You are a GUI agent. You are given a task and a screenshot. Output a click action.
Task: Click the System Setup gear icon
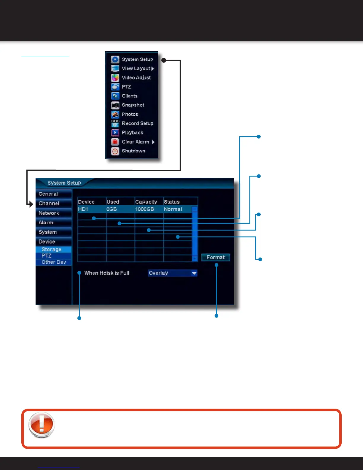click(x=115, y=59)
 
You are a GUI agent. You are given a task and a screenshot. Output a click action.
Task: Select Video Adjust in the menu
click(x=136, y=78)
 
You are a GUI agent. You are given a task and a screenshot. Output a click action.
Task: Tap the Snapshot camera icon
click(x=115, y=105)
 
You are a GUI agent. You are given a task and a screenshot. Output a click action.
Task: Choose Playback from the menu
click(x=132, y=133)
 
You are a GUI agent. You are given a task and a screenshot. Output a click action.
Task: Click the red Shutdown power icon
click(x=115, y=151)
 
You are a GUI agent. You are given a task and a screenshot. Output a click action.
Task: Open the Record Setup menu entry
click(x=137, y=123)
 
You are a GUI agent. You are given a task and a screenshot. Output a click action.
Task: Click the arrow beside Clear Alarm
click(x=153, y=142)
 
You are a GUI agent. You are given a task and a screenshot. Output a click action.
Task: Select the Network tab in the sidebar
click(x=49, y=213)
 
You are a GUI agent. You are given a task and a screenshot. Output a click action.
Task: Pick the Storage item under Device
click(x=51, y=249)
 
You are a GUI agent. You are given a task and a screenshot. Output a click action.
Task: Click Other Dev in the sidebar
click(x=54, y=262)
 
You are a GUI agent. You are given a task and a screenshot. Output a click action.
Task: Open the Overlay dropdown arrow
click(x=194, y=273)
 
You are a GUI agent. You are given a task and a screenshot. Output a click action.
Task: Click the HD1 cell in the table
click(x=83, y=209)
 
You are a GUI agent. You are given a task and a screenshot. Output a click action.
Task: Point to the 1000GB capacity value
click(x=144, y=209)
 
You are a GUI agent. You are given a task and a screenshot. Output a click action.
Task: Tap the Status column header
click(x=172, y=202)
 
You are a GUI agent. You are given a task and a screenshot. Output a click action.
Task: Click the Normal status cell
click(x=173, y=209)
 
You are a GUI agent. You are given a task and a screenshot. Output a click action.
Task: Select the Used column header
click(x=113, y=202)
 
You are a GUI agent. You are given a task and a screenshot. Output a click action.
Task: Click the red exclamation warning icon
click(x=42, y=425)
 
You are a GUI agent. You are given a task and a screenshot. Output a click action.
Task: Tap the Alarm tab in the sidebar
click(x=46, y=223)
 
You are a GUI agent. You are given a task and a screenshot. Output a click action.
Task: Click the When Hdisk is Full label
click(x=106, y=273)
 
